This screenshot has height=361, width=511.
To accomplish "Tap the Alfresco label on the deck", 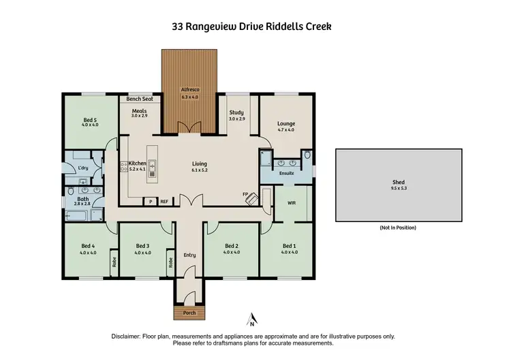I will point(189,89).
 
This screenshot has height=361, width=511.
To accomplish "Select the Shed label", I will point(398,183).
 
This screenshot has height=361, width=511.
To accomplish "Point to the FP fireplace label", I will point(245,194).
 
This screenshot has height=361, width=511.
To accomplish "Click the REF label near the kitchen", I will point(164,202).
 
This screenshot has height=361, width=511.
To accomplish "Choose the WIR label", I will point(292,203).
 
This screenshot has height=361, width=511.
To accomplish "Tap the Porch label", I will point(189,313).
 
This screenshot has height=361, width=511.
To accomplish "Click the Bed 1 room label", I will point(290,246).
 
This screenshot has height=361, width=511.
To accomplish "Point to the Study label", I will point(236,112).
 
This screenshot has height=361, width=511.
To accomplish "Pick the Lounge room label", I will point(286,123).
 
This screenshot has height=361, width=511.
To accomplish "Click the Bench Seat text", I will point(140,99).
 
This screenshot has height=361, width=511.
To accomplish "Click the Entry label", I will point(189,255).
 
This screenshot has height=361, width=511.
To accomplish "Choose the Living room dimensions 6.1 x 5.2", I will point(199,170).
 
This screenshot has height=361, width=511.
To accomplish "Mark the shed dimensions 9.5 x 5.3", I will point(398,189).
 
